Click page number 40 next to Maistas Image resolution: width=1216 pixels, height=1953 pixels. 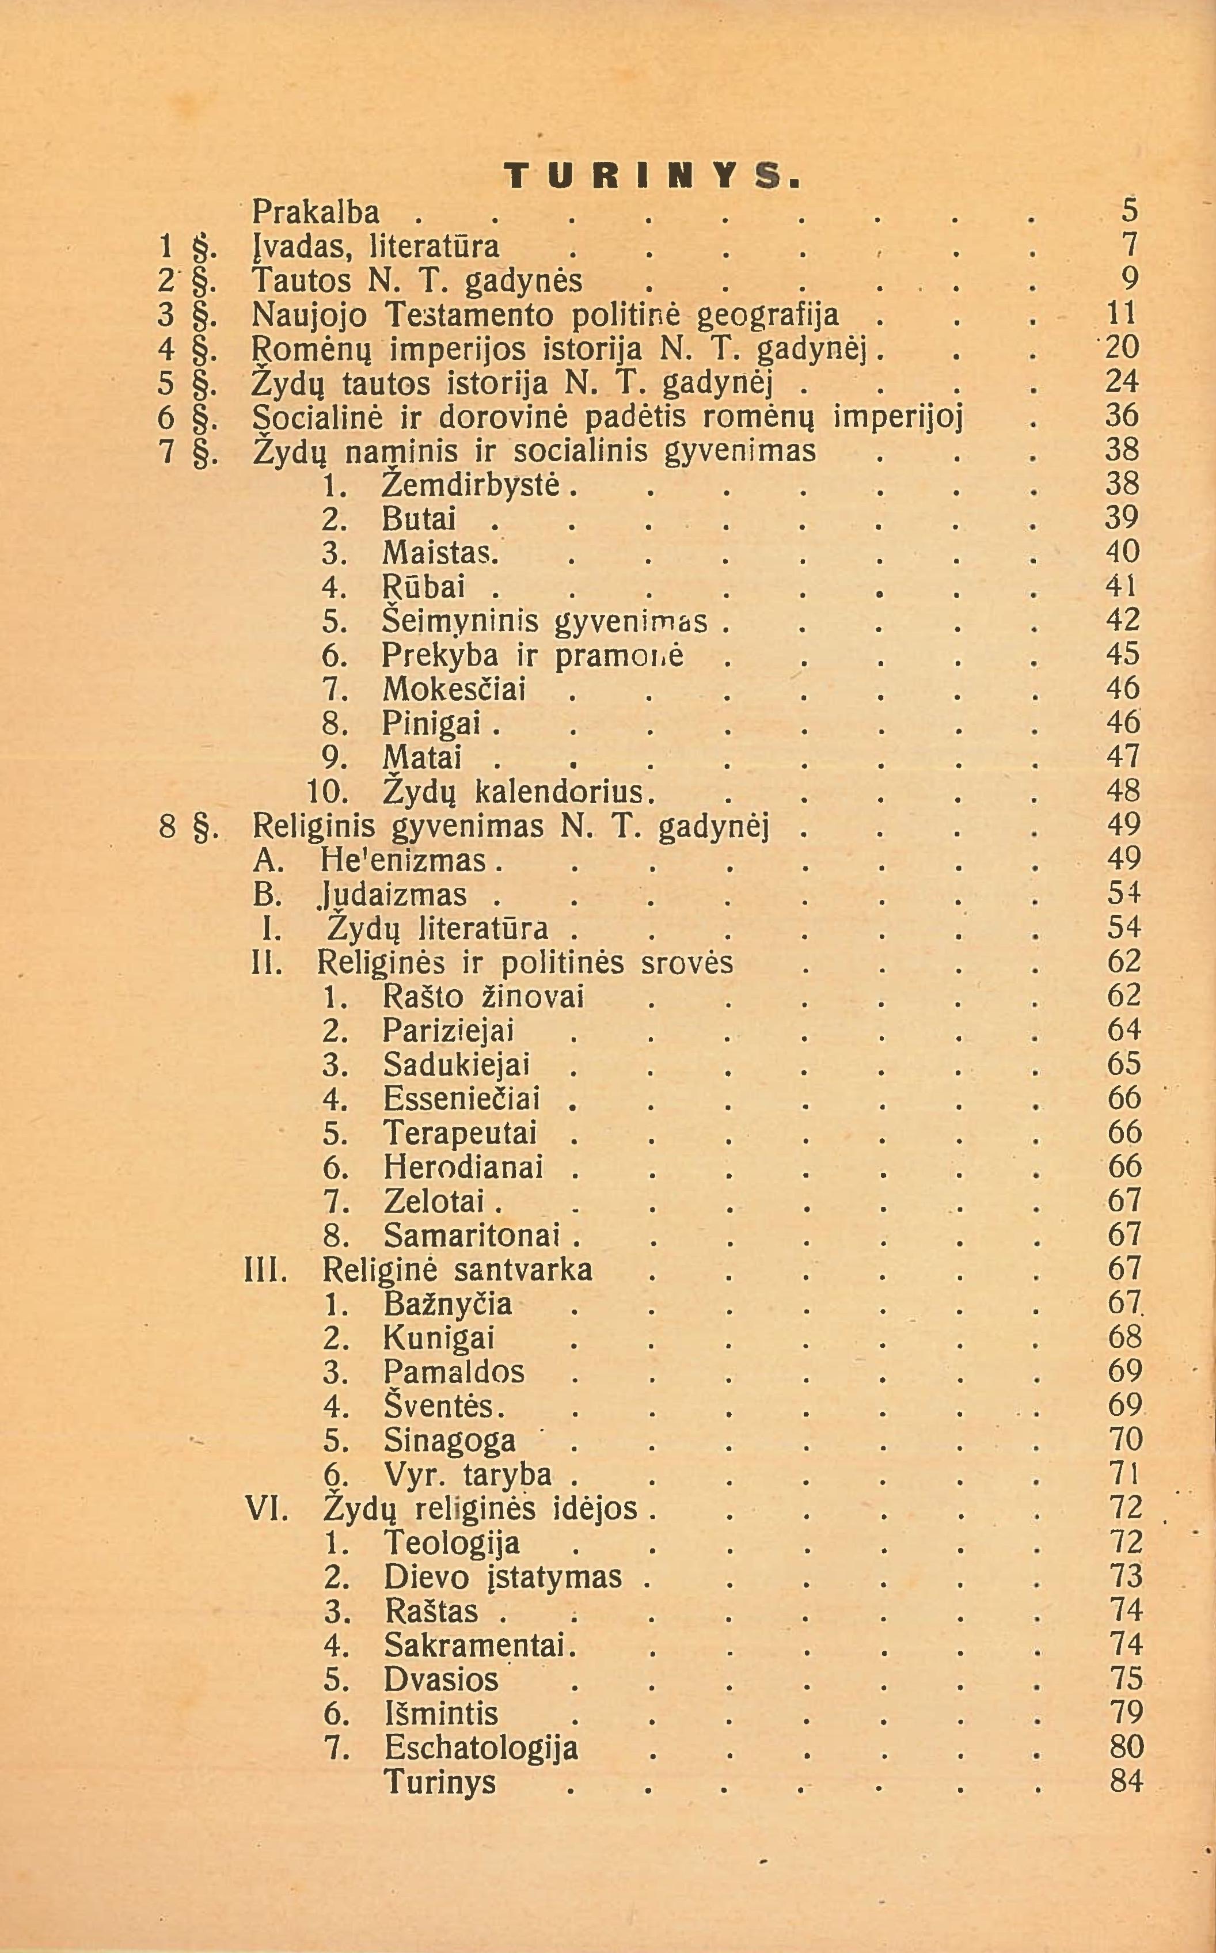1123,552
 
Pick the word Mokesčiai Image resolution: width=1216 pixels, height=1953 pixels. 454,690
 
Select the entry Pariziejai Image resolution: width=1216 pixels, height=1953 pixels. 448,1031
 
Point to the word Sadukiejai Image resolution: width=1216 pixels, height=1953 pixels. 457,1065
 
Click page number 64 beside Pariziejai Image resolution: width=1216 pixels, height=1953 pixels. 1123,1030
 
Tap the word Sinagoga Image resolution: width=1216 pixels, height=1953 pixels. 450,1440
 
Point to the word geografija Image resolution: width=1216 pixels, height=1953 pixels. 767,314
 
